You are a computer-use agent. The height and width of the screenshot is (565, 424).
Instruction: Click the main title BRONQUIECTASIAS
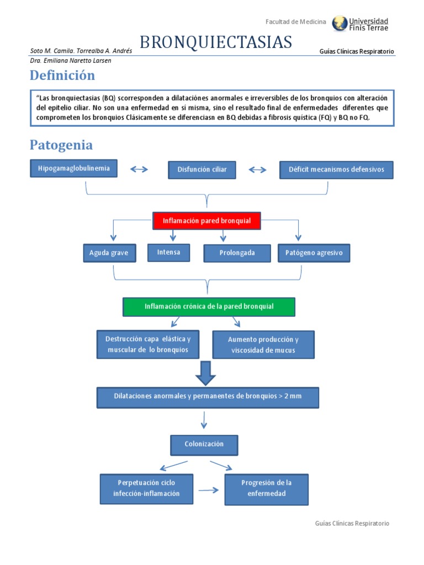click(x=216, y=42)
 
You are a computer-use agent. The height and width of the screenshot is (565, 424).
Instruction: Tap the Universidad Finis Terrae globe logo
click(x=340, y=23)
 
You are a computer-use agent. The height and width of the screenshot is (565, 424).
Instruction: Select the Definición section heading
click(x=62, y=75)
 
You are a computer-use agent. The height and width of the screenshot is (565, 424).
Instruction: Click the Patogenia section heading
click(x=61, y=145)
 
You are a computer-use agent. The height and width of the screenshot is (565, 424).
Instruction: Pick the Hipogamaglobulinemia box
click(x=73, y=168)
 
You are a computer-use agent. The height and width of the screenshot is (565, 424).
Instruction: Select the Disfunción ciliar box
click(x=202, y=170)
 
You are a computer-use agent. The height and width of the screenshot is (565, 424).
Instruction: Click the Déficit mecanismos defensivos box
click(x=336, y=170)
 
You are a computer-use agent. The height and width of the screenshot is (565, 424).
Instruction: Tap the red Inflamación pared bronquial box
click(x=206, y=221)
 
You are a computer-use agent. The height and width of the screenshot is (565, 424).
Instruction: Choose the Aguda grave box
click(x=110, y=253)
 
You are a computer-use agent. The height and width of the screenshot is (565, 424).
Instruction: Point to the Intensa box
click(x=169, y=252)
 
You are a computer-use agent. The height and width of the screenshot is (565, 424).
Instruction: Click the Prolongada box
click(x=237, y=253)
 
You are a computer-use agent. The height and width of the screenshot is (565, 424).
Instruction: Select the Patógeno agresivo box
click(x=314, y=253)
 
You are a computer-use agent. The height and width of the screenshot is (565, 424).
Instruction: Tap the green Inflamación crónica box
click(x=209, y=307)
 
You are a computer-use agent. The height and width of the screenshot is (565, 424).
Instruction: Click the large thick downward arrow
click(x=205, y=374)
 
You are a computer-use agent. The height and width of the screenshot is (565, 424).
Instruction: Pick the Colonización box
click(x=204, y=445)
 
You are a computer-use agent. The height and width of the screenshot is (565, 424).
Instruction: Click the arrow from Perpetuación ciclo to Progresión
click(x=208, y=490)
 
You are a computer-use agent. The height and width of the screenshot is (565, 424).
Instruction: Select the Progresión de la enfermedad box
click(x=267, y=489)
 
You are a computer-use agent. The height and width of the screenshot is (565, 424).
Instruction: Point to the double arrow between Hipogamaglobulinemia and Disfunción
click(x=139, y=169)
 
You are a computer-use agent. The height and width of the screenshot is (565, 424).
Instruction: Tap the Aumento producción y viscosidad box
click(x=263, y=345)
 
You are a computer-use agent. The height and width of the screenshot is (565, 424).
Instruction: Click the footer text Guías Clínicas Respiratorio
click(x=352, y=523)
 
